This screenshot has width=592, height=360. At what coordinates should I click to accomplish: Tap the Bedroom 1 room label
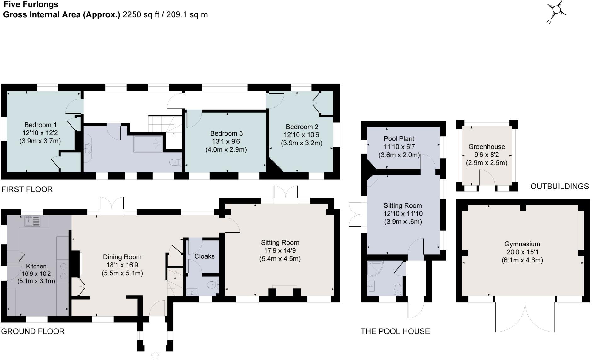click(x=40, y=125)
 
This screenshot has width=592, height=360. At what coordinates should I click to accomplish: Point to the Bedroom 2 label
click(x=302, y=127)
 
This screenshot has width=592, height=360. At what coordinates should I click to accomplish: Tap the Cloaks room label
click(x=204, y=256)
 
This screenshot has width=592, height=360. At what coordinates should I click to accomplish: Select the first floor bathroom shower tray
click(x=148, y=144)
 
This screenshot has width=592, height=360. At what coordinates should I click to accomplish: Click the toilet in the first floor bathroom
click(x=174, y=162)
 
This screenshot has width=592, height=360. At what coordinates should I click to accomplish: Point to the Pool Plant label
click(x=399, y=139)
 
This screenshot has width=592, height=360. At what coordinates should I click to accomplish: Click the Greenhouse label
click(x=486, y=147)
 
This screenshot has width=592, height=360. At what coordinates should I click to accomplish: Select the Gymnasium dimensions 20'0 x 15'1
click(x=522, y=252)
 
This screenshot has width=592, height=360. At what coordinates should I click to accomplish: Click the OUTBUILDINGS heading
click(x=559, y=187)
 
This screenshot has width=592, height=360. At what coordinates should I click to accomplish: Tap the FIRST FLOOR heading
click(x=27, y=189)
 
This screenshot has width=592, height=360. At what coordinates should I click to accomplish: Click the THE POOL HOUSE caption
click(x=395, y=331)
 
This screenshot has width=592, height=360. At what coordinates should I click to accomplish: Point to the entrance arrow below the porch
click(x=155, y=355)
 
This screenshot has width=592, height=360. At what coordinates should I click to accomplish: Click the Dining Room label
click(x=122, y=257)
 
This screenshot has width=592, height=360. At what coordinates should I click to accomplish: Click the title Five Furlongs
click(x=31, y=5)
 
